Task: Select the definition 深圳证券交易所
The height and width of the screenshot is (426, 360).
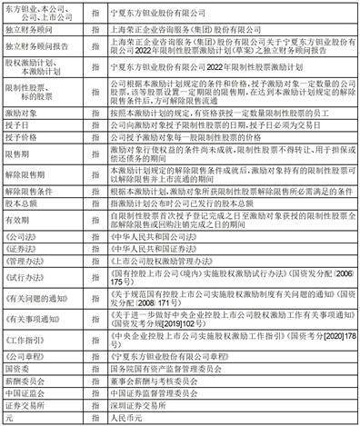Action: coord(135,407)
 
